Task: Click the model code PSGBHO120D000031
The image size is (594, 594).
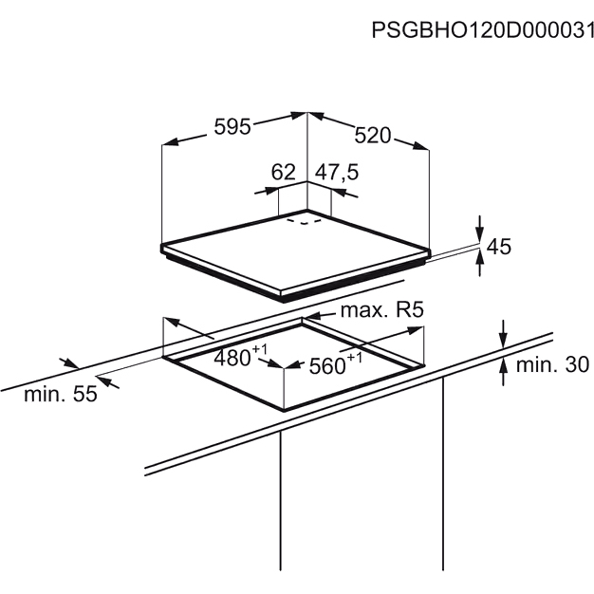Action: pos(483,30)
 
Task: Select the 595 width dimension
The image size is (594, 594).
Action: pos(232,126)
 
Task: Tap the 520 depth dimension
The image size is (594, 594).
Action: pos(372,136)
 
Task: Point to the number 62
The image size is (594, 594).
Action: pos(283,172)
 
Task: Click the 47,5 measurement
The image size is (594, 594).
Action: pos(337,173)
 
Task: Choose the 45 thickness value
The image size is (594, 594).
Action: pos(498,247)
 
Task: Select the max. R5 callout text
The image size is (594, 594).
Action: pos(381,310)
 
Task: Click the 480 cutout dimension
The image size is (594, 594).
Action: pos(232,357)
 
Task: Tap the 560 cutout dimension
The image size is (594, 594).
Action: pos(327,366)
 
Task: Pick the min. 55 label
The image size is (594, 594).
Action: pos(61,394)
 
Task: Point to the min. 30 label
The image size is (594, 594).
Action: pos(552,364)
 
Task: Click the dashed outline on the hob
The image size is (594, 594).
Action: pos(305,221)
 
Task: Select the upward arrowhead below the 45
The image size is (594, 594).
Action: pos(480,259)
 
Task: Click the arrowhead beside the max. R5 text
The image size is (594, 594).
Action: pos(312,316)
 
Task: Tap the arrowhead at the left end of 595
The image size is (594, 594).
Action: pos(170,142)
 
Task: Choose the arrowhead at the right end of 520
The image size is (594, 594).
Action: pos(421,146)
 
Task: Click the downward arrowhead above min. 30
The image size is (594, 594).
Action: pos(503,340)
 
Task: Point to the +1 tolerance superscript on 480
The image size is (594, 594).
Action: pos(259,349)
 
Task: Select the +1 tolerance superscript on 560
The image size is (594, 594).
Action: pos(355,357)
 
